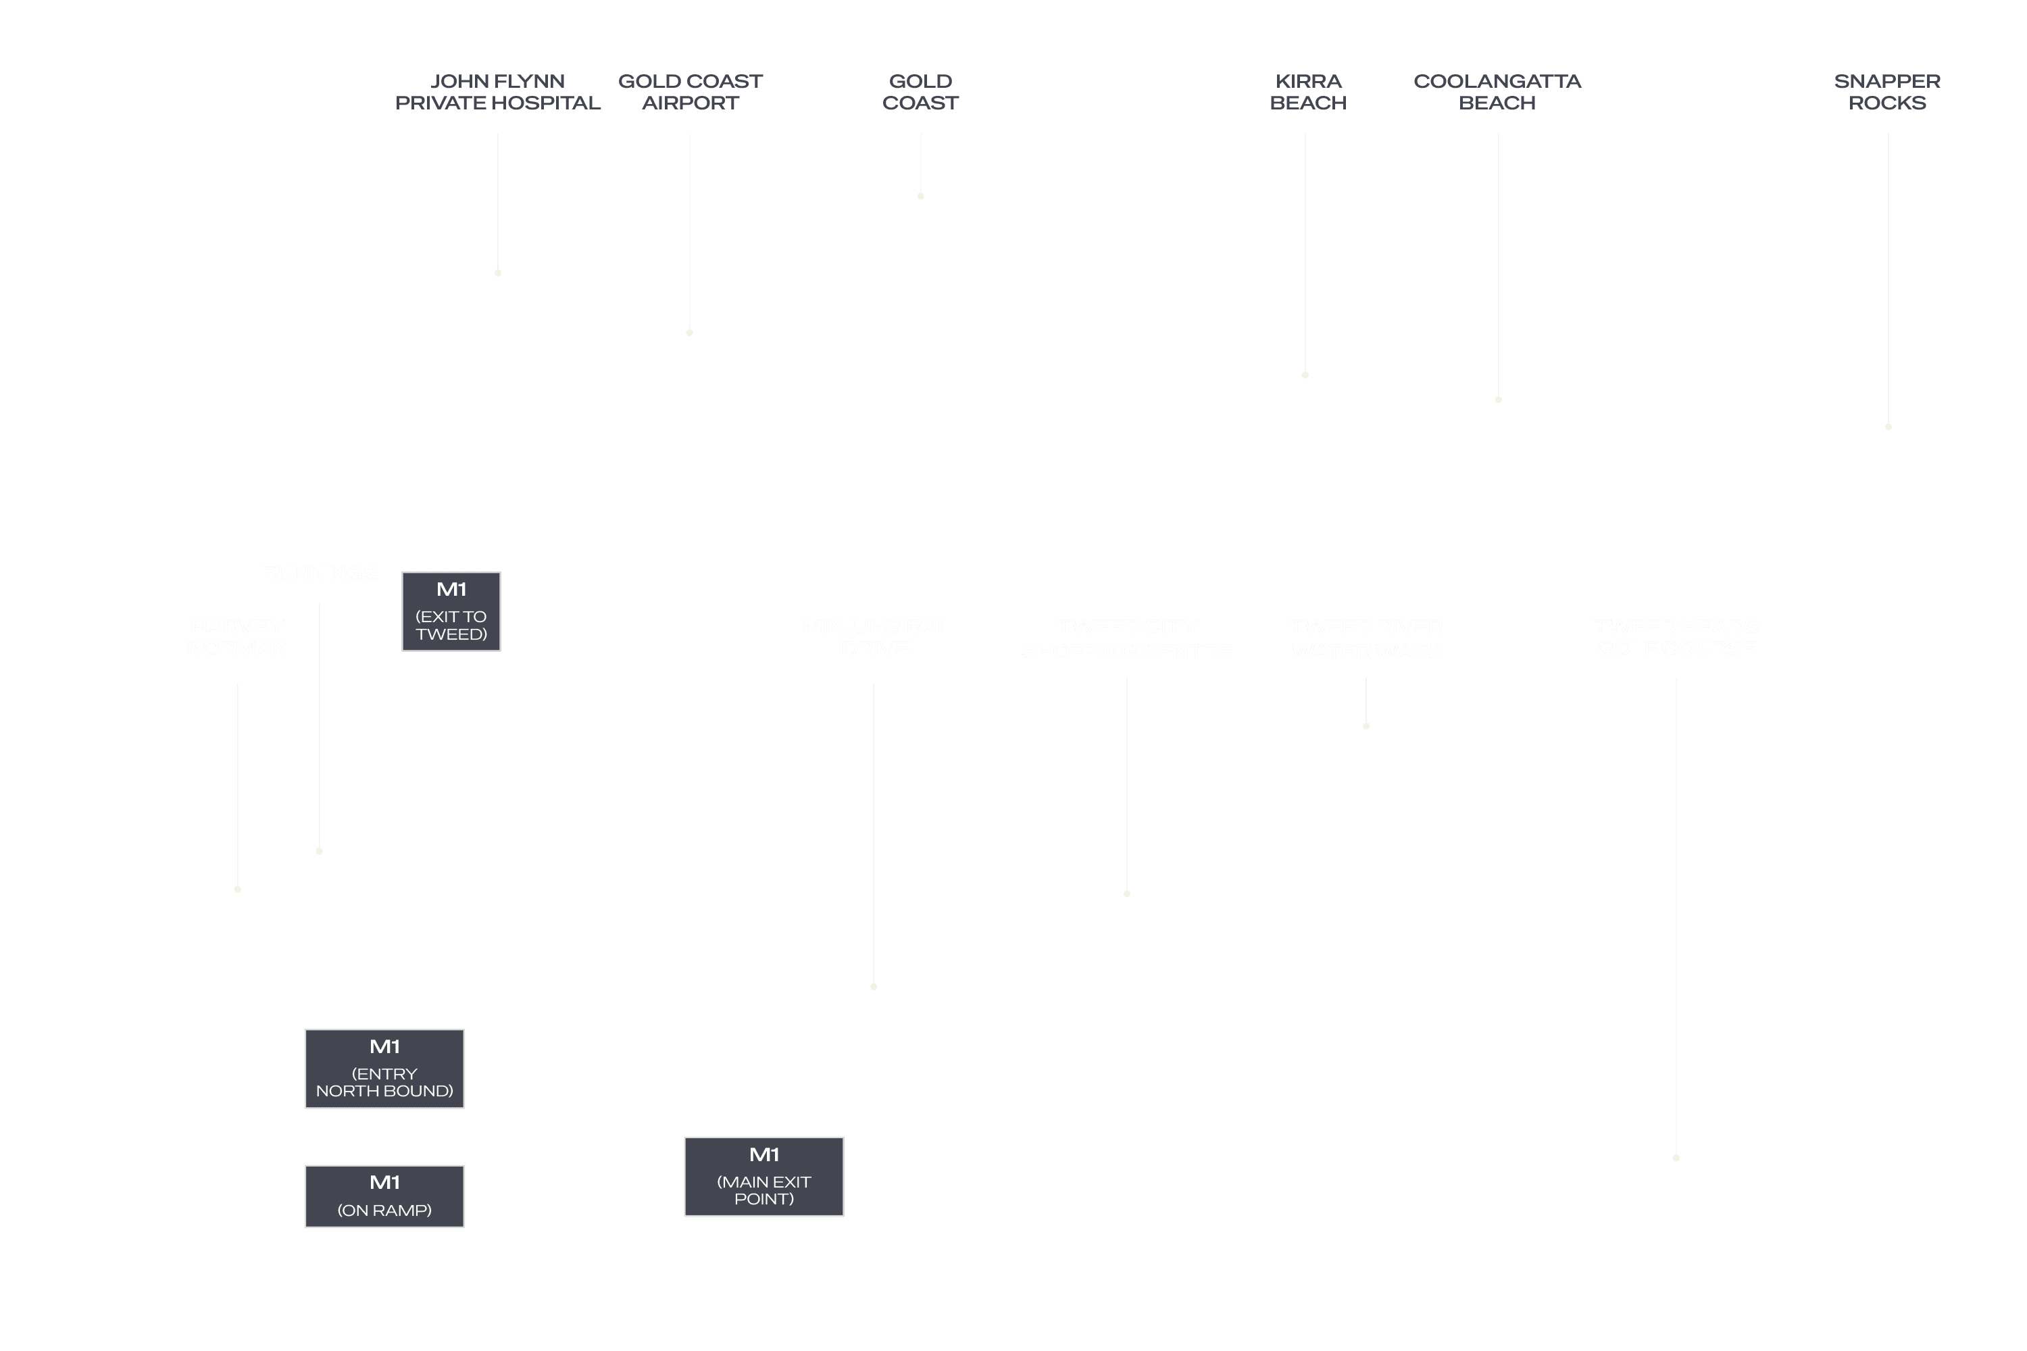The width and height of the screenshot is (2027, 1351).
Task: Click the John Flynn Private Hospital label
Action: click(497, 92)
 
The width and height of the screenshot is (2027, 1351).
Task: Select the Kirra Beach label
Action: click(1307, 92)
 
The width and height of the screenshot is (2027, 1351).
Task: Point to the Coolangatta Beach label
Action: click(1497, 92)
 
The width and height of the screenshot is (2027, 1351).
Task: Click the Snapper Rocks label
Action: click(1886, 92)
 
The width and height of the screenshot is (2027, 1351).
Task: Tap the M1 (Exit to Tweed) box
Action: click(451, 611)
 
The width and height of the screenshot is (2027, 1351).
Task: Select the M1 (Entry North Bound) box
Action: click(384, 1069)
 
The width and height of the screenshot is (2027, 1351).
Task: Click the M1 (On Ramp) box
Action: click(384, 1196)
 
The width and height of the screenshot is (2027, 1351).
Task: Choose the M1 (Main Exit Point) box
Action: click(764, 1176)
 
